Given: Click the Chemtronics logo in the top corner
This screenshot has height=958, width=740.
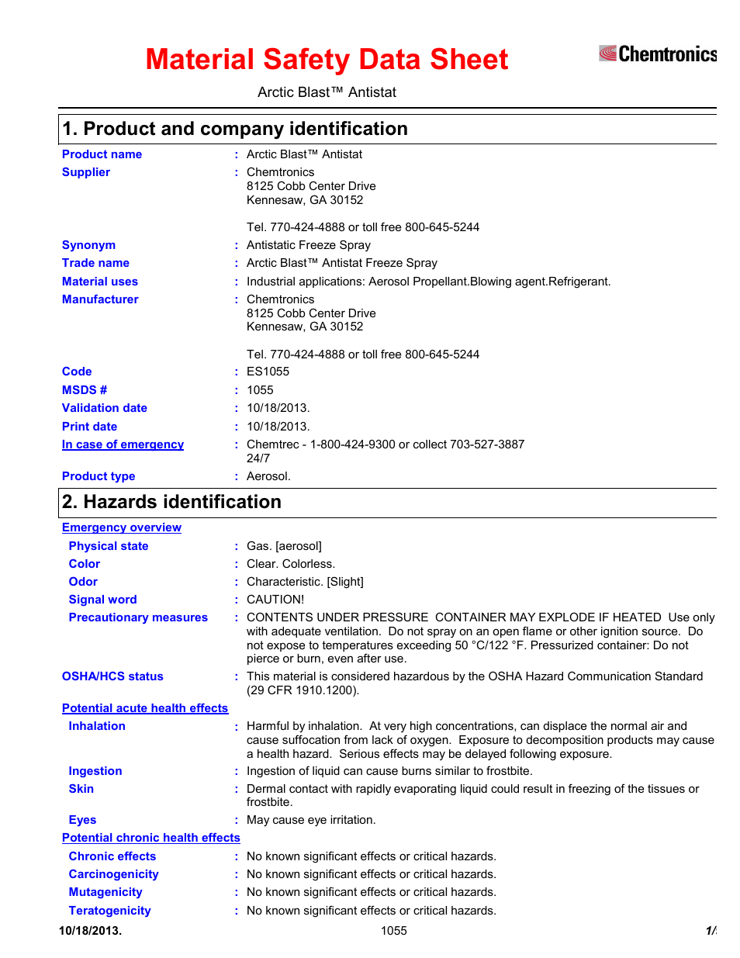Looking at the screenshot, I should [x=657, y=54].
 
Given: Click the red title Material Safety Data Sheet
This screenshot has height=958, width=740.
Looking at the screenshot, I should [x=327, y=60].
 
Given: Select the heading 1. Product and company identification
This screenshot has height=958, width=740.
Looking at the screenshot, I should [x=235, y=129].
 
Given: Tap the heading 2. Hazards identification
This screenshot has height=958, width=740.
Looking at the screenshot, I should [x=171, y=502].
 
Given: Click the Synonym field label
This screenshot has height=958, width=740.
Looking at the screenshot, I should [x=88, y=245].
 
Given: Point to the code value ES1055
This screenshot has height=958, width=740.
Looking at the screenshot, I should [x=268, y=372].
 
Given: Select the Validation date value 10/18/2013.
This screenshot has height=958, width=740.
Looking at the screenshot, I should [x=278, y=408].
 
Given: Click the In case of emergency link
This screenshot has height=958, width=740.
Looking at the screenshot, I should [x=123, y=444].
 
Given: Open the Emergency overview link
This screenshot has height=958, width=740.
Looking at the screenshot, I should [x=122, y=527].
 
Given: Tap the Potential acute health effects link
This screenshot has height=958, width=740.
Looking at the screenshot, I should [x=145, y=708].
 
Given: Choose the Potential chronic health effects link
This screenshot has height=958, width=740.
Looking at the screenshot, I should [x=151, y=838].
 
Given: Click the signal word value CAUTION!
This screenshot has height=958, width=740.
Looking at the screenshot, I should [x=275, y=600].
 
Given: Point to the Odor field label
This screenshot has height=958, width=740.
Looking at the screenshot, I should [x=83, y=582].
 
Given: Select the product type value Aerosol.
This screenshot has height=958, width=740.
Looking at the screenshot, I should [x=268, y=476].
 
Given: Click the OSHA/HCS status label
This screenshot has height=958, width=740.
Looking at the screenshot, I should [x=112, y=676].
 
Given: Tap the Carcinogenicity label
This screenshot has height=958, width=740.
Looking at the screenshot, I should [x=113, y=874].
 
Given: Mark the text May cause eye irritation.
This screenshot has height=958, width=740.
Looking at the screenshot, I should [x=310, y=820].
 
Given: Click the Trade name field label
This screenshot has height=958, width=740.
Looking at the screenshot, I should [x=95, y=263].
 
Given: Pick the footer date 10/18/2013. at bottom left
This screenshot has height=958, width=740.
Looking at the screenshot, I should [x=90, y=931].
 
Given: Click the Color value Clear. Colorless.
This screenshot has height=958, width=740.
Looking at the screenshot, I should [x=291, y=564].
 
